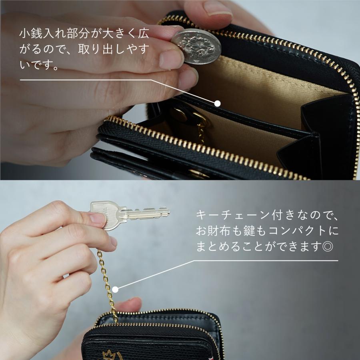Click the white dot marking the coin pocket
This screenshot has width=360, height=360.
click(218, 103)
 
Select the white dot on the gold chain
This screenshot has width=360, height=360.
click(116, 288)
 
